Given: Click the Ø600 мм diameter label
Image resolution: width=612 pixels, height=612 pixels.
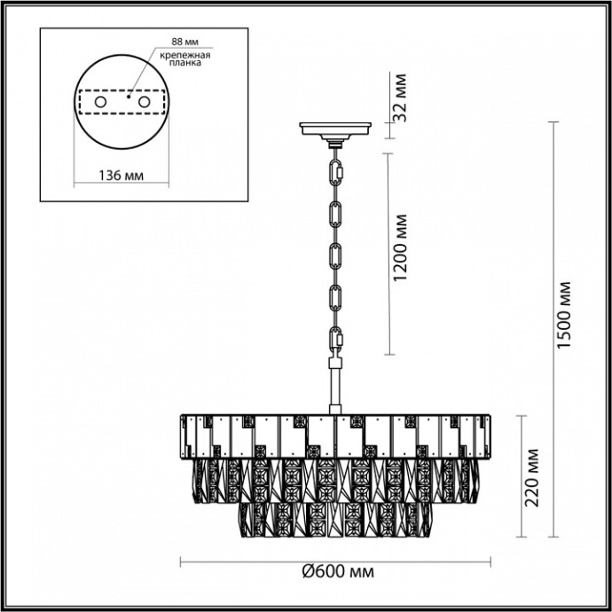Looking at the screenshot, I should (338, 573).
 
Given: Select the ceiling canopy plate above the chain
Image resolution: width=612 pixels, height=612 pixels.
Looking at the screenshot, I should (336, 130).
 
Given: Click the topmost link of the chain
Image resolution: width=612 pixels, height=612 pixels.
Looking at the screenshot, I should (337, 169).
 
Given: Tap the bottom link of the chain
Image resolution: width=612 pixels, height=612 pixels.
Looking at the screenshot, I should (336, 340).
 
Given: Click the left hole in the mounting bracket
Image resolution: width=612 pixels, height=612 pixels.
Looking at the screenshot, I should (99, 103).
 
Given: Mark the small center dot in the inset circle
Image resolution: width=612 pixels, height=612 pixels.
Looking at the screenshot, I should (129, 98).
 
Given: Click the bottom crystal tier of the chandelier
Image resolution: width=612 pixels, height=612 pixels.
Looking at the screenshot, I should (336, 519).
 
